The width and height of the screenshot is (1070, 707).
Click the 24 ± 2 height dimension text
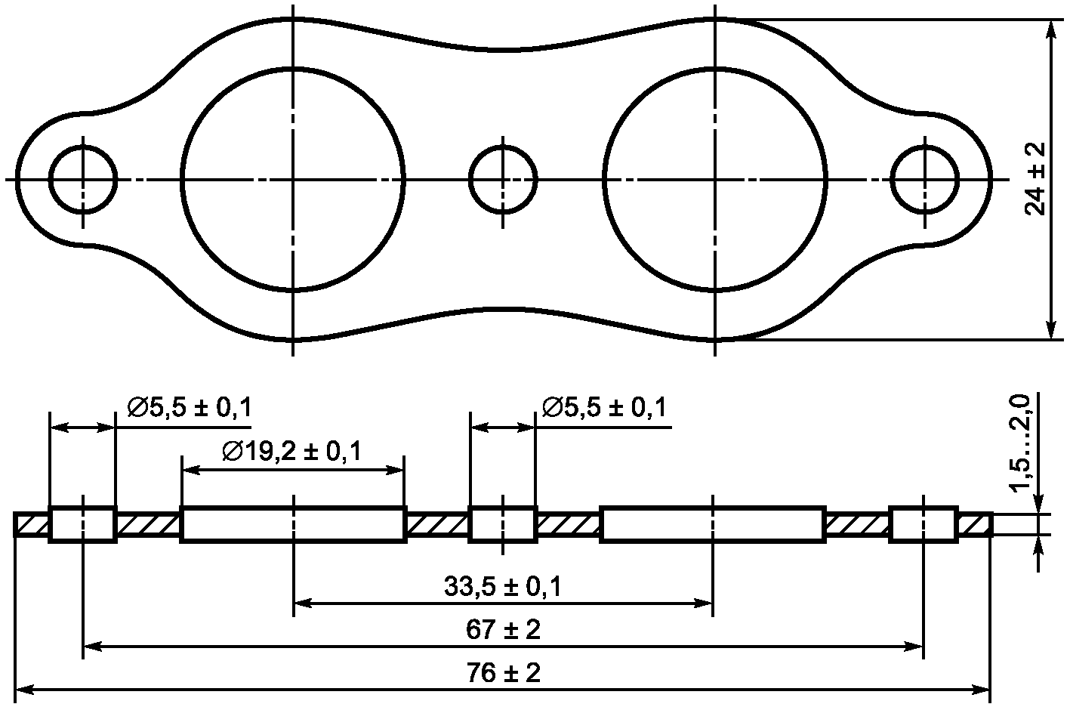click(1035, 179)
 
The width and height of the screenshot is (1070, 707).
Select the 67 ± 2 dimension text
click(503, 630)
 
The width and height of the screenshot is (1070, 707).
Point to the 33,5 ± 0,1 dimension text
click(503, 587)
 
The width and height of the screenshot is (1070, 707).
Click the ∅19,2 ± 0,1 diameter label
click(292, 452)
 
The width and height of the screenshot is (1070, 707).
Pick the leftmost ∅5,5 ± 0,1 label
click(190, 408)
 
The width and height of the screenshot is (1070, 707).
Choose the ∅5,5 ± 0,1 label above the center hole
click(604, 408)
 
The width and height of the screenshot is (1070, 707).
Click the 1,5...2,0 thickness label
click(1020, 443)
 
